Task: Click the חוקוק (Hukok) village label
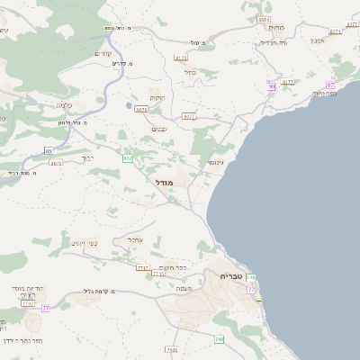[157, 96]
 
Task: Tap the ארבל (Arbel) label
[137, 239]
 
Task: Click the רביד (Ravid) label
[87, 157]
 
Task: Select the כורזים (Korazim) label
[277, 27]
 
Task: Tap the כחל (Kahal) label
[189, 72]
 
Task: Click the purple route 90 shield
[271, 86]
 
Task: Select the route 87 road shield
[330, 85]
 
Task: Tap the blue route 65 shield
[48, 151]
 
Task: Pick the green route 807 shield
[128, 158]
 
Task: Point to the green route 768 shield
[220, 339]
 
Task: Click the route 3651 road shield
[264, 19]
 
